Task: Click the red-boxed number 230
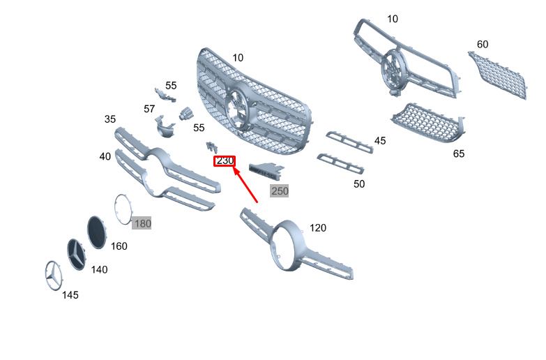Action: pyautogui.click(x=225, y=161)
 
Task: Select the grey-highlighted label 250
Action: pyautogui.click(x=279, y=190)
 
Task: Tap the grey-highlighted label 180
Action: pyautogui.click(x=142, y=223)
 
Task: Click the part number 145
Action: pyautogui.click(x=70, y=295)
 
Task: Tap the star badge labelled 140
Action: pyautogui.click(x=77, y=254)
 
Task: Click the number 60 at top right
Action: pyautogui.click(x=483, y=44)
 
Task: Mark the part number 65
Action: pyautogui.click(x=459, y=153)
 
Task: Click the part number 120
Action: pyautogui.click(x=317, y=227)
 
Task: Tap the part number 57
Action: pyautogui.click(x=149, y=109)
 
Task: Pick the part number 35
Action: pyautogui.click(x=110, y=119)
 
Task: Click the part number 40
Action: pyautogui.click(x=105, y=156)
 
